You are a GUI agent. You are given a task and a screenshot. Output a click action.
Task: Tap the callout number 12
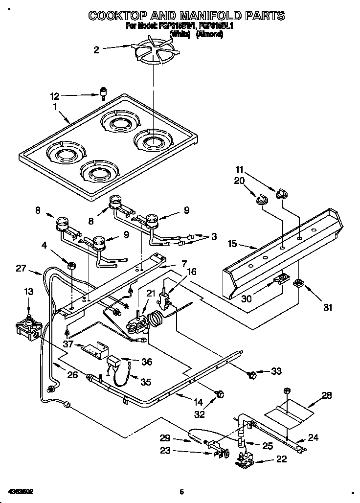point(54,96)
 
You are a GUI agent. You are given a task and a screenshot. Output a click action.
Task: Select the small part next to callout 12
point(103,92)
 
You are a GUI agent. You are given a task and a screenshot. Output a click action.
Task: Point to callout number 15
point(232,243)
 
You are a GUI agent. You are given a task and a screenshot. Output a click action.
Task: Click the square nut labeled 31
point(297,283)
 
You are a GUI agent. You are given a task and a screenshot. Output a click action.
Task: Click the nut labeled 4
point(72,266)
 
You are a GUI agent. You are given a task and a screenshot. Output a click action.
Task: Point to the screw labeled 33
point(253,375)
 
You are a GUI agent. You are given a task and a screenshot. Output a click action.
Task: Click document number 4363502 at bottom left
point(20,491)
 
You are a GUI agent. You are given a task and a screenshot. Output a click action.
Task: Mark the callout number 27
point(21,268)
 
